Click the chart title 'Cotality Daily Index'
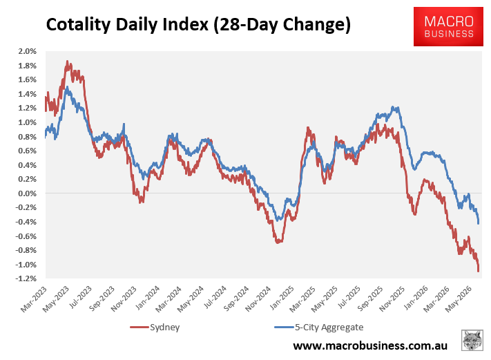(x=127, y=25)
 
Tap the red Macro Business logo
(x=448, y=27)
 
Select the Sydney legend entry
(x=155, y=327)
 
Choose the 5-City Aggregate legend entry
(x=319, y=327)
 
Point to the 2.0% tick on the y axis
(x=27, y=51)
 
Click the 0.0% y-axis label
(x=27, y=193)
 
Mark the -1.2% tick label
(x=26, y=278)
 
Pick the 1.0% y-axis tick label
(x=27, y=122)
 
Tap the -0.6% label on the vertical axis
(x=26, y=236)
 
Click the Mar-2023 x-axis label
(x=34, y=299)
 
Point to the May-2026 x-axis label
(x=459, y=299)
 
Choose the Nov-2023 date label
(x=124, y=299)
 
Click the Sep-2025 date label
(x=370, y=299)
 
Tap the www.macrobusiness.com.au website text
(x=370, y=345)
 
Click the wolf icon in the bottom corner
(x=472, y=340)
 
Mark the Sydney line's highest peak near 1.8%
(x=67, y=61)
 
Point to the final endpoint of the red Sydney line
(x=478, y=271)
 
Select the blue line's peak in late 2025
(x=393, y=108)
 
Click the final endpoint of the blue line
(x=478, y=222)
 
